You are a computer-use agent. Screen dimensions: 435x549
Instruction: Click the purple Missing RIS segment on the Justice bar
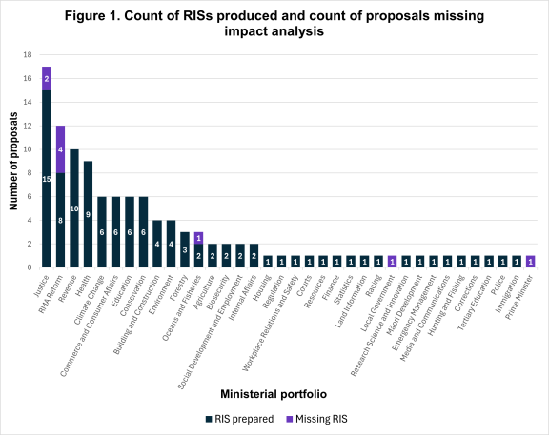(46, 78)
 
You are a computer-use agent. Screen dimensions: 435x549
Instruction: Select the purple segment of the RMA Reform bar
(60, 149)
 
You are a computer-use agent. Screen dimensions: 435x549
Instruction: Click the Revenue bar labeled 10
(74, 208)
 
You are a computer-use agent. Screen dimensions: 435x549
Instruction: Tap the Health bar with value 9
(88, 214)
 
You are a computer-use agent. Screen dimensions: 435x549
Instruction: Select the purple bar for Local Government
(392, 262)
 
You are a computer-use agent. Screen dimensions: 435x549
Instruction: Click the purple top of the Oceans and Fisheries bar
(198, 238)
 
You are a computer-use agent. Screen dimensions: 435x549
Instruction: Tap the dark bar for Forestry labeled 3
(185, 249)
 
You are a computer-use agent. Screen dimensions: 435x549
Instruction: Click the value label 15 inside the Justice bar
(46, 179)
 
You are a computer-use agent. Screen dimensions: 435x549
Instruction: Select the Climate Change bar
(102, 232)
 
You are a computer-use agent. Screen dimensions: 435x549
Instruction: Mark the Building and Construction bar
(157, 244)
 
